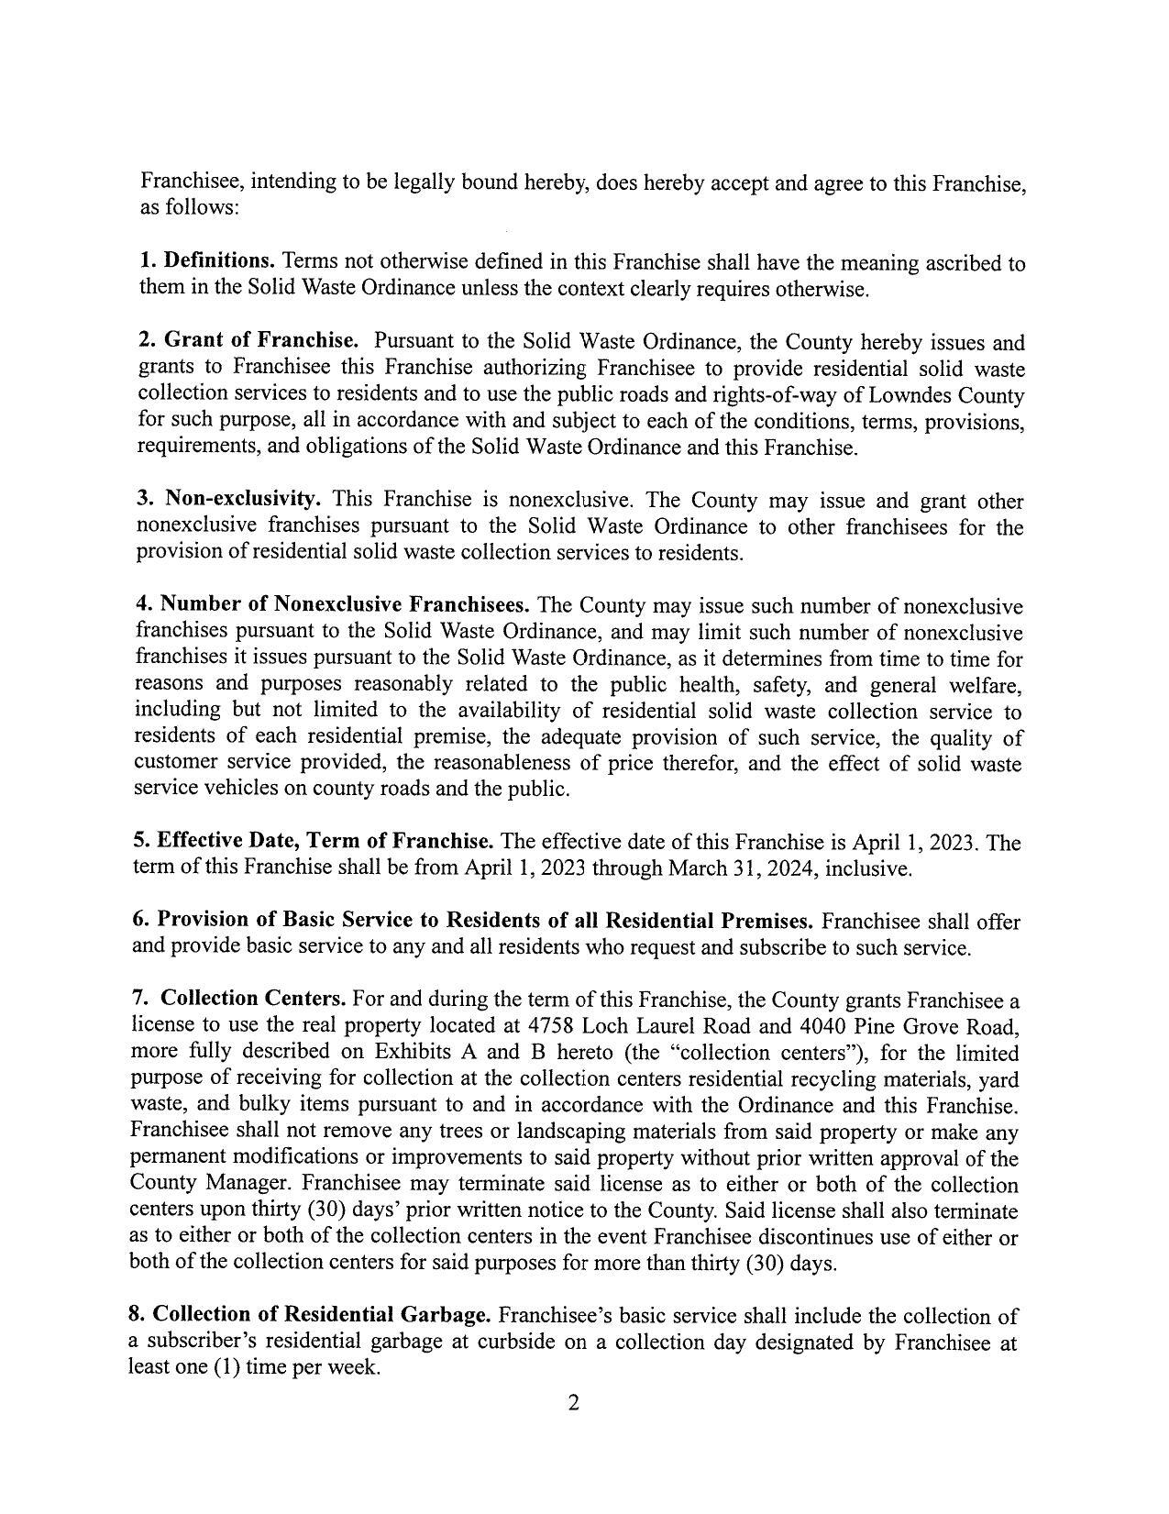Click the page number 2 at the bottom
click(573, 1403)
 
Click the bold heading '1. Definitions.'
click(207, 262)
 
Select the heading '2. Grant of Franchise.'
click(248, 341)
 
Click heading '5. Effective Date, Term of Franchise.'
click(314, 842)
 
